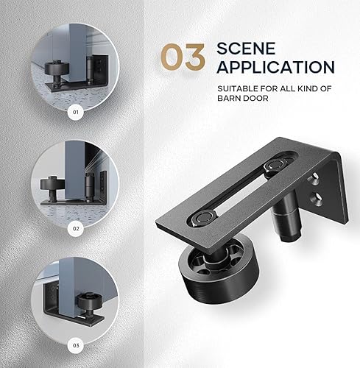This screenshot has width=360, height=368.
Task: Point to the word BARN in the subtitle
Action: (x=230, y=102)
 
